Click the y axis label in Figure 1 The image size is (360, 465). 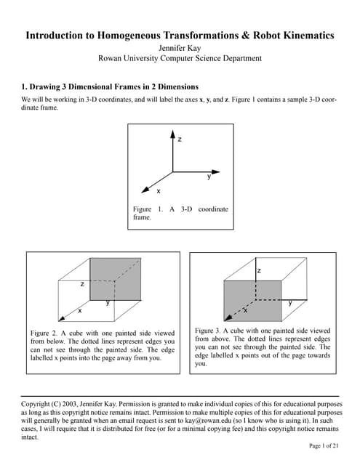point(209,177)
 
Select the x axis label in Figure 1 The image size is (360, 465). point(158,191)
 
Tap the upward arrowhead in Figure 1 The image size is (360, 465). point(172,134)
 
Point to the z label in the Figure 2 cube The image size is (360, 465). point(82,284)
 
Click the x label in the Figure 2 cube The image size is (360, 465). point(80,310)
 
